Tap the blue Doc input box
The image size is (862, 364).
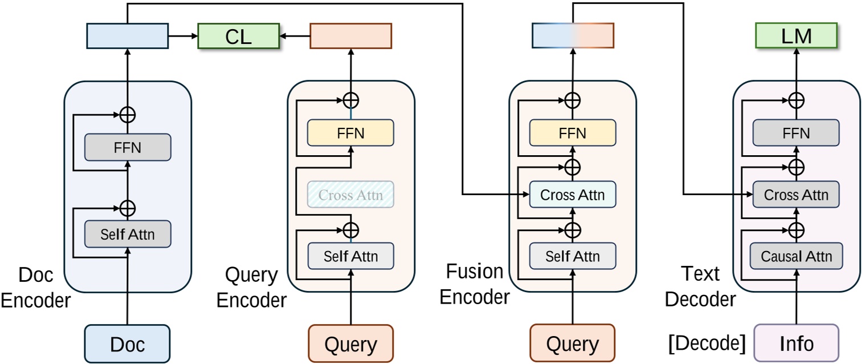[x=127, y=343]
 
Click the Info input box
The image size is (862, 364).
[x=796, y=343]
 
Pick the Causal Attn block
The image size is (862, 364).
[x=796, y=256]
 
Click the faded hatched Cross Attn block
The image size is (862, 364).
[x=350, y=195]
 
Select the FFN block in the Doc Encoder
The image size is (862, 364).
[x=128, y=147]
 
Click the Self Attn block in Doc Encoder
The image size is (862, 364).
[x=128, y=233]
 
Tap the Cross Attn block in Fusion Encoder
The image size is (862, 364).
[x=573, y=195]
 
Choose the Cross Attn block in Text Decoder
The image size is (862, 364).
[x=796, y=195]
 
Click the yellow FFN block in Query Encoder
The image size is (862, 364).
[x=350, y=133]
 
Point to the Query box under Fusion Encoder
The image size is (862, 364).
[x=572, y=343]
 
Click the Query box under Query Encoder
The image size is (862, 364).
[x=350, y=343]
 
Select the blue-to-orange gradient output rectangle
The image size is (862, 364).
[x=572, y=35]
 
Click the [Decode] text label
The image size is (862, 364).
[x=706, y=343]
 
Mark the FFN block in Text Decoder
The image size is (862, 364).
[x=796, y=133]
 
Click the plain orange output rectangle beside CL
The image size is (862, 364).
[x=350, y=35]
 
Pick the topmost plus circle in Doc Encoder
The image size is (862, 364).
[x=128, y=114]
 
